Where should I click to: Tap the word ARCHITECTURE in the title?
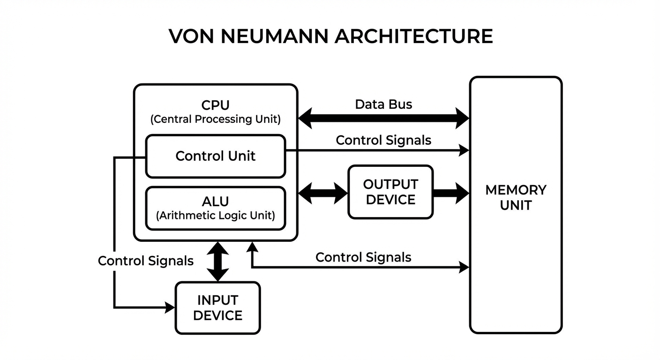(x=413, y=37)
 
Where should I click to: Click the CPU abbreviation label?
(x=215, y=105)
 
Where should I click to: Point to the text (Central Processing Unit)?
(x=215, y=119)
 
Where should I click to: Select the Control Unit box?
(x=215, y=156)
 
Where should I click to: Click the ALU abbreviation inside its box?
(x=215, y=202)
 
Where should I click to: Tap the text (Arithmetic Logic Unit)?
(x=215, y=216)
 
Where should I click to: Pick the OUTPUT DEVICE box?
(x=390, y=192)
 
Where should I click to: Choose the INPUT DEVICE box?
(x=217, y=307)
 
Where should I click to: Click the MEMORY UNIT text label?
(x=516, y=197)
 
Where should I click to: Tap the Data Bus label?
(x=383, y=104)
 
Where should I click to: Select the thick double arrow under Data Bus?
(x=383, y=118)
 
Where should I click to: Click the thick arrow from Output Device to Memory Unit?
(x=450, y=193)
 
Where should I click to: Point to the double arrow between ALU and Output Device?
(x=322, y=193)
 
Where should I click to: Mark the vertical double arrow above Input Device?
(x=218, y=261)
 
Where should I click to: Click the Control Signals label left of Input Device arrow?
(x=145, y=261)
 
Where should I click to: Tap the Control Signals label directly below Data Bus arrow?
(x=383, y=140)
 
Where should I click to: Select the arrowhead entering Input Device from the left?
(x=170, y=307)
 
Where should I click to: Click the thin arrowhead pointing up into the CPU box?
(x=252, y=247)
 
